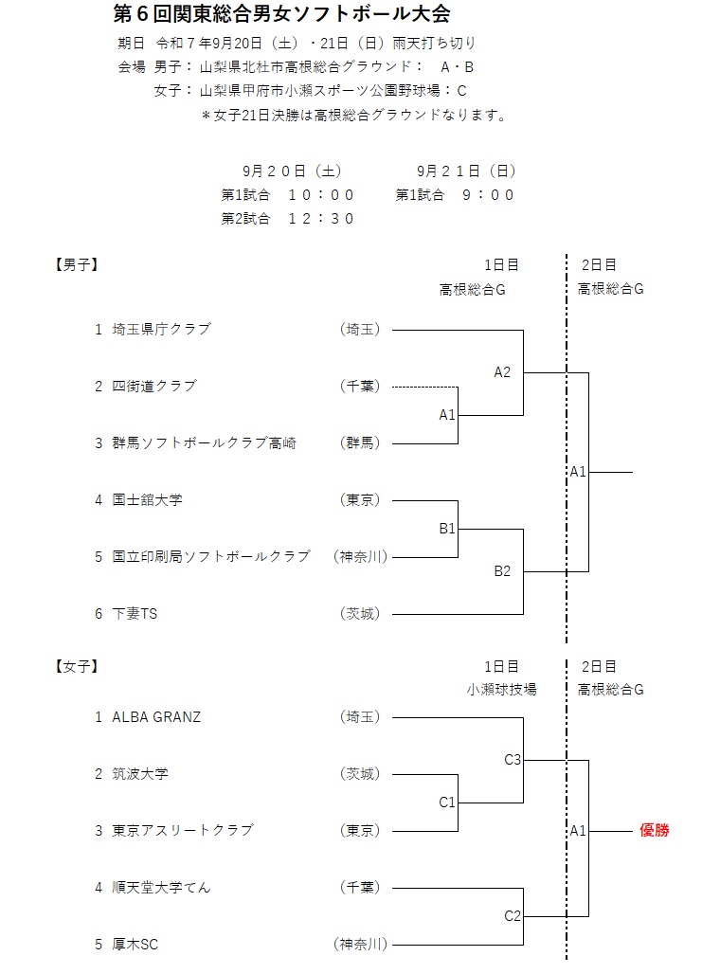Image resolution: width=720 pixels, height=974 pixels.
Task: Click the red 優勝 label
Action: [x=654, y=831]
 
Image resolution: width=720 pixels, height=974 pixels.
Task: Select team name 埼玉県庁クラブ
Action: [x=161, y=330]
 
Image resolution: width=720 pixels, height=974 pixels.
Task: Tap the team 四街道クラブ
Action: [x=154, y=387]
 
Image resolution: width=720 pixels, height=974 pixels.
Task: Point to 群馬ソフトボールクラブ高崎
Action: [x=204, y=443]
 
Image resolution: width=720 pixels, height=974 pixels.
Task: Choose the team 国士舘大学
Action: [x=147, y=500]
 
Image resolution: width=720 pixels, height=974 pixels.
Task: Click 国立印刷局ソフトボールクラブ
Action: [x=210, y=557]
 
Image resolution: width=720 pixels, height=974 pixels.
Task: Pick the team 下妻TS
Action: [x=135, y=614]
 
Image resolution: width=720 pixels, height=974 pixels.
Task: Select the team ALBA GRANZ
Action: [x=156, y=717]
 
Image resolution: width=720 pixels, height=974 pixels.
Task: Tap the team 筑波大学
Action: [x=140, y=774]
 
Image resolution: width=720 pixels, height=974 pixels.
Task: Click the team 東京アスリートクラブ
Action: [x=183, y=831]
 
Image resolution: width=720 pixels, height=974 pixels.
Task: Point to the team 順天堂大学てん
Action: [x=161, y=888]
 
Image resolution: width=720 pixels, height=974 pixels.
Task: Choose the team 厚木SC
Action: [x=135, y=944]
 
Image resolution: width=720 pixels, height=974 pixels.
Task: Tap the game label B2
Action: [x=501, y=571]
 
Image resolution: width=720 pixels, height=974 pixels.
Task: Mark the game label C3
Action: [x=513, y=759]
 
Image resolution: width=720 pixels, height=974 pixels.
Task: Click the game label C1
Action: [x=447, y=803]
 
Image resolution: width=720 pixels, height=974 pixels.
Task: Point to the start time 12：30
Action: [x=321, y=218]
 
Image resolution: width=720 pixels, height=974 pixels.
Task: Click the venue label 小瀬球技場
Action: [x=501, y=689]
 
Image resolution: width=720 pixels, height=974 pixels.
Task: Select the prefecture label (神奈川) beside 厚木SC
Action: [x=360, y=944]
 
